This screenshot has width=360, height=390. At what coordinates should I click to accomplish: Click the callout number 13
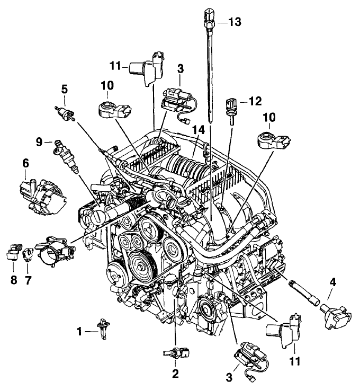pos(235,22)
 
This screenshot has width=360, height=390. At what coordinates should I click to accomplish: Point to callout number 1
pos(80,332)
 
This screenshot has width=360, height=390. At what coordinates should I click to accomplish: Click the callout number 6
pos(25,165)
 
